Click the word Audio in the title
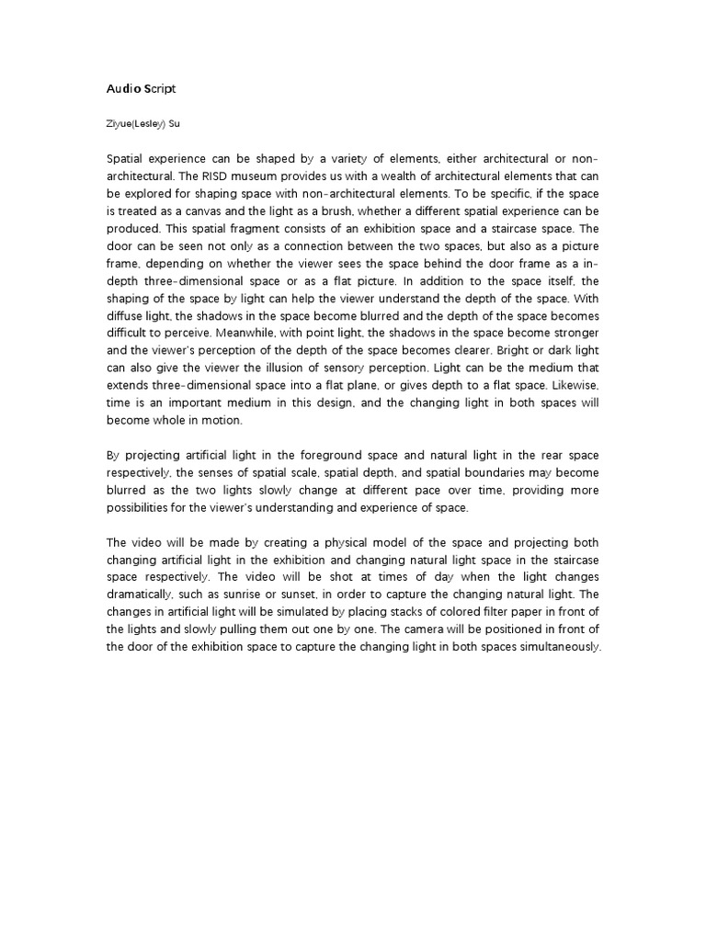pyautogui.click(x=121, y=89)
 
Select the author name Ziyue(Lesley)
pyautogui.click(x=137, y=119)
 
